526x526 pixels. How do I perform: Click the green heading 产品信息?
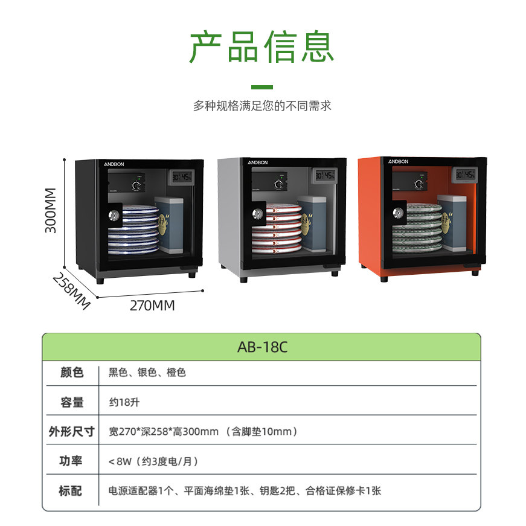coord(262,47)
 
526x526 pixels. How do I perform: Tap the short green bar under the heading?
coord(262,87)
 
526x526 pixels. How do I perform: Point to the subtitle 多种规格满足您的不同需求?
coord(262,106)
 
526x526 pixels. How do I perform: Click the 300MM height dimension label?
coord(51,210)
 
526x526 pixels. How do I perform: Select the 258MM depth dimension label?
coord(71,291)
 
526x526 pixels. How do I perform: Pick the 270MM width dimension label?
coord(152,306)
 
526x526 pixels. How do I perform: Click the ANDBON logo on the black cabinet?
coord(114,164)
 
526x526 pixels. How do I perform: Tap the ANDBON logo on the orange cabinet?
coord(398,161)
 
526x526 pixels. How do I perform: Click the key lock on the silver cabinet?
coord(258,213)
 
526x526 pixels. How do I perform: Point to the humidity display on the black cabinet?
coord(182,176)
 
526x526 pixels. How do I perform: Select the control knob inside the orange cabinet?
coord(419,184)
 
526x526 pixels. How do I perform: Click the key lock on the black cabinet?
coord(114,215)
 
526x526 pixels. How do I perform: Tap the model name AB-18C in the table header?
coord(262,347)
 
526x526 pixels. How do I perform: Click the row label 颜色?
coord(72,373)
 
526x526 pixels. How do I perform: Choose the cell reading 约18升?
coord(124,402)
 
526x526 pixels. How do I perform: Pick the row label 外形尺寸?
coord(71,431)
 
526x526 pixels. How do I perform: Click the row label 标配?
coord(71,491)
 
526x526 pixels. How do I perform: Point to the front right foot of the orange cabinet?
coord(475,272)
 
